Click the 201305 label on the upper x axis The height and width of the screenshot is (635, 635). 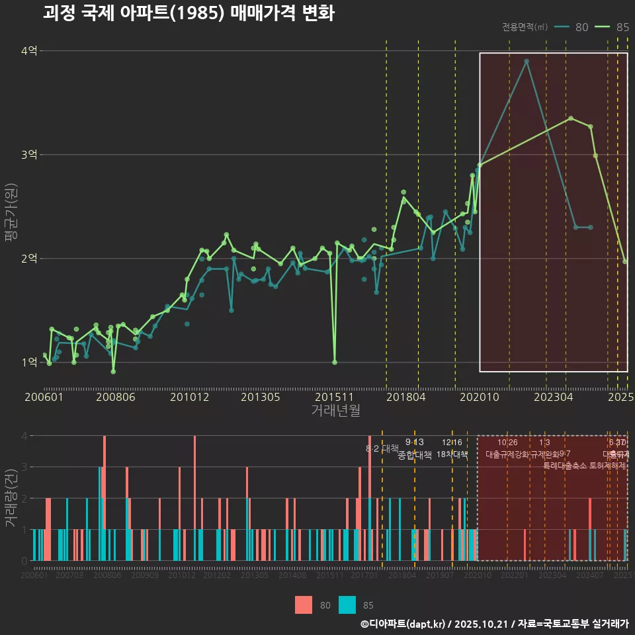(260, 398)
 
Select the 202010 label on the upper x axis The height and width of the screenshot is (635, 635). (478, 398)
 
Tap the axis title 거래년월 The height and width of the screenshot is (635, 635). (335, 411)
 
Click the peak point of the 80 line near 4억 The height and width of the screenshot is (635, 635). (527, 62)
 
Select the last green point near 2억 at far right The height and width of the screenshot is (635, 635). (625, 262)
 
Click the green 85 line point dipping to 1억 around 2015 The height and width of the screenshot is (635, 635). (335, 362)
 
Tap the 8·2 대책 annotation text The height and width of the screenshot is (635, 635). (382, 448)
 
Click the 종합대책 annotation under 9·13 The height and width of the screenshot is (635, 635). (415, 455)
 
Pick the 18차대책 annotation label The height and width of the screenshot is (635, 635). (452, 455)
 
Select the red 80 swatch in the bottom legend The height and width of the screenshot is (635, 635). (304, 605)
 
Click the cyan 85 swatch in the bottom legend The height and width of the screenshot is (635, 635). (347, 605)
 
